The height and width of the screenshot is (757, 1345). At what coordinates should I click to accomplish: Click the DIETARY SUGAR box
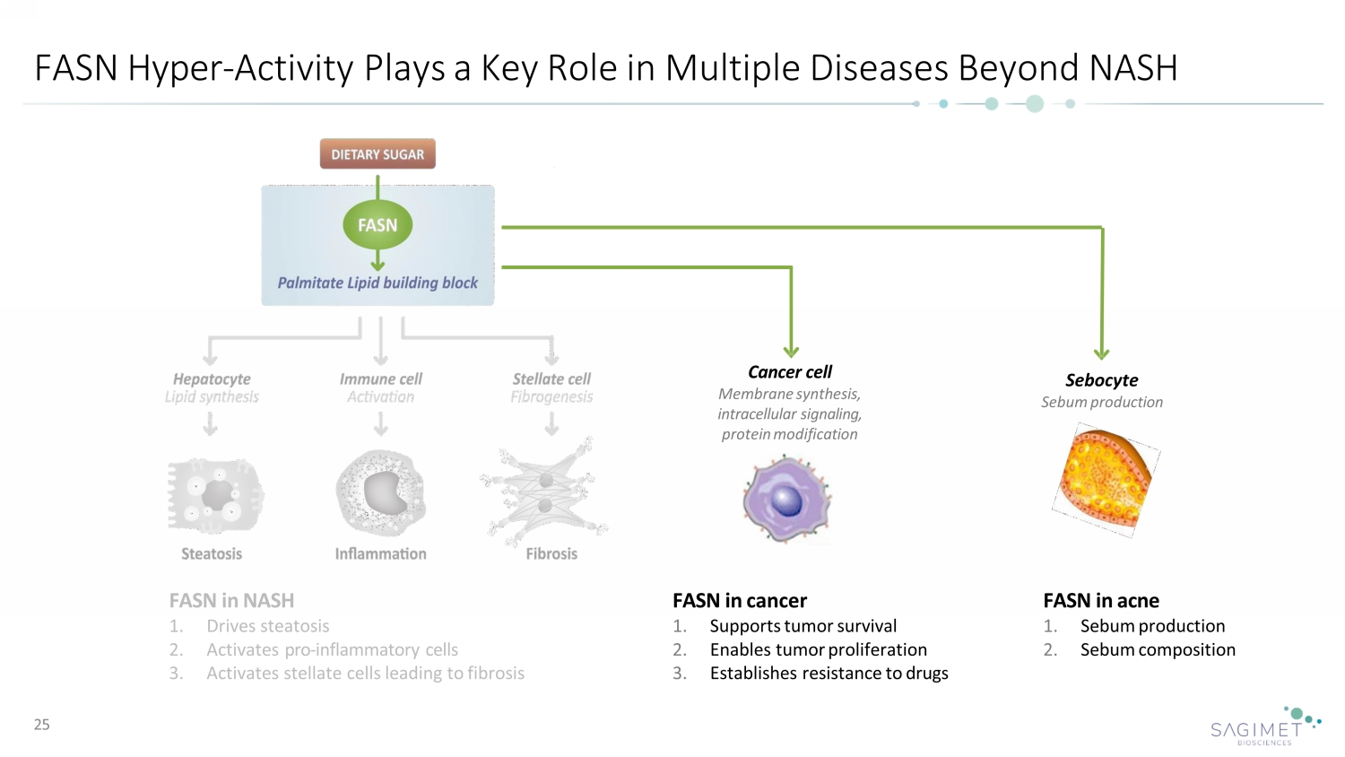(377, 154)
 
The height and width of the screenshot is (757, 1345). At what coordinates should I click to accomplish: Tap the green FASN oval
(377, 225)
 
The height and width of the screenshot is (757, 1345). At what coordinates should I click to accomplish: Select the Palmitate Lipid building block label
(377, 283)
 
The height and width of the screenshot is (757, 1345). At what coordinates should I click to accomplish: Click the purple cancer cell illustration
(786, 499)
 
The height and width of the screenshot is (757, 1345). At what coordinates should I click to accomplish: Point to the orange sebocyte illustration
(1106, 479)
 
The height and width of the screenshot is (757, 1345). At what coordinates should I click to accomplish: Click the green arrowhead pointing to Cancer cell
(791, 351)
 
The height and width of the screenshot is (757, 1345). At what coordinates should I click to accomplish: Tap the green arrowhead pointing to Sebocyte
(1102, 352)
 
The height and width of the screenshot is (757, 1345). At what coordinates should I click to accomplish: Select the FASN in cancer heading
(740, 601)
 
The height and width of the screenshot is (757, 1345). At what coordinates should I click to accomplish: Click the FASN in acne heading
(1101, 601)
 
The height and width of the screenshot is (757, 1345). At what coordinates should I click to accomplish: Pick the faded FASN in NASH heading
(231, 601)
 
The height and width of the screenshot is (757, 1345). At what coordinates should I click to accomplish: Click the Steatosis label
(212, 554)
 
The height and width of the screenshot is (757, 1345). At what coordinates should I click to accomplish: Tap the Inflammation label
(380, 554)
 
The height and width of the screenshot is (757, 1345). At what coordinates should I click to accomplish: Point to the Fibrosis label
(551, 554)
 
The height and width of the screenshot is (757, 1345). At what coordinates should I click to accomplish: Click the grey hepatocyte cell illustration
(215, 494)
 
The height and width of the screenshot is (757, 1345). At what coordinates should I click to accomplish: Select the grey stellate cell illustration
(545, 492)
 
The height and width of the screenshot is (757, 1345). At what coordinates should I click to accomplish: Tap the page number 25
(42, 725)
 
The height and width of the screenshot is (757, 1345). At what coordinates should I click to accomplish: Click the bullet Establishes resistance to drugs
(829, 674)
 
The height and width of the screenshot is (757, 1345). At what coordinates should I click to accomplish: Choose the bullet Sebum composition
(1158, 650)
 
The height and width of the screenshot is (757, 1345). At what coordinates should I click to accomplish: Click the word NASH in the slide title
(1133, 68)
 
